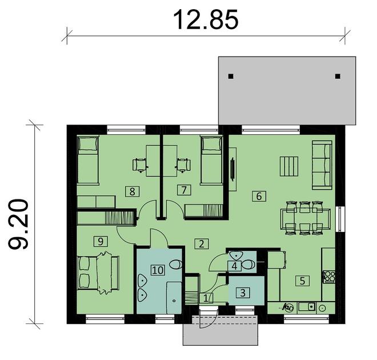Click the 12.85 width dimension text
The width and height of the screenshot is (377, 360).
206,20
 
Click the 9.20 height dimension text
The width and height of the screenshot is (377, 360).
19,224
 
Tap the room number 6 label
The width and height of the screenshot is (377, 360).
259,197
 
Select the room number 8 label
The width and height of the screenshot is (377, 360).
133,191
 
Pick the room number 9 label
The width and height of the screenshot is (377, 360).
101,242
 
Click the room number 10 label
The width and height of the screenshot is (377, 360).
158,269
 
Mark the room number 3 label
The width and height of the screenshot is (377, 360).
244,293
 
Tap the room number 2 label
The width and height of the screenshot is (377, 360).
200,244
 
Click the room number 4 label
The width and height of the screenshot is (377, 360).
234,265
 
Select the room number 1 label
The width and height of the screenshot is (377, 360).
206,298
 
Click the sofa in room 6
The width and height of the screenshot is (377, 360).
322,166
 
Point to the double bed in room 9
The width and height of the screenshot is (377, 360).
99,274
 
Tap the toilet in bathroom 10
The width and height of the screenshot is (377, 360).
175,265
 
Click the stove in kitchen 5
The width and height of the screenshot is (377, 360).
330,277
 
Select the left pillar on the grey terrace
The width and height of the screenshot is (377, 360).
231,76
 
